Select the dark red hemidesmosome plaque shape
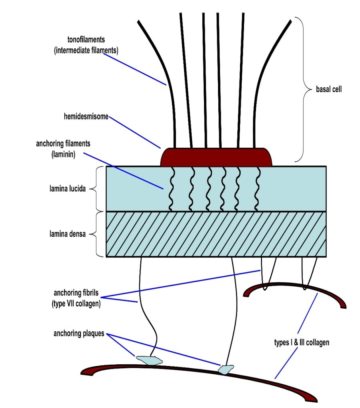tap(216, 157)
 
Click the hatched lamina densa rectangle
tap(216, 234)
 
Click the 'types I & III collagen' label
tap(302, 343)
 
